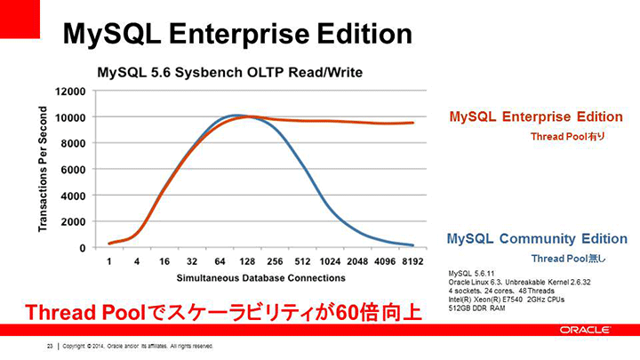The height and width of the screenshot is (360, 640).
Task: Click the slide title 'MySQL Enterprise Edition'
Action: point(237,35)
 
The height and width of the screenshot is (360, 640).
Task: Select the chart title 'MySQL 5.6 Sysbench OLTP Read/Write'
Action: point(230,73)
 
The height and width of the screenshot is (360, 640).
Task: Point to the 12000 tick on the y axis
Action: point(70,92)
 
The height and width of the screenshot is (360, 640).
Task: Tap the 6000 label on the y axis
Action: point(74,170)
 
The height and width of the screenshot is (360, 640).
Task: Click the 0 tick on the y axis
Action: point(83,248)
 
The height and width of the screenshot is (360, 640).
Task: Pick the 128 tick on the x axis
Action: point(247,261)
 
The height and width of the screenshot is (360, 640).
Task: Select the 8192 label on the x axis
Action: point(412,261)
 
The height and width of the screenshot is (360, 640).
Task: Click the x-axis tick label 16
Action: point(164,261)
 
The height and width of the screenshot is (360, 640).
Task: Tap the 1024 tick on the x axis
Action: point(330,261)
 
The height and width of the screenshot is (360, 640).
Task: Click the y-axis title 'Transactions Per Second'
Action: point(43,169)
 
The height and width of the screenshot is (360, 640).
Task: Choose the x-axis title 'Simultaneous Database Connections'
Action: point(260,278)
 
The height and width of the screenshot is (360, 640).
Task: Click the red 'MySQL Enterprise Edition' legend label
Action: point(536,116)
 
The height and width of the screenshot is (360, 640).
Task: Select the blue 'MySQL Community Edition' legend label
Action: point(537,239)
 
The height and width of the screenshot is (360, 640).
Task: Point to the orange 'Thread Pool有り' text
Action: point(567,137)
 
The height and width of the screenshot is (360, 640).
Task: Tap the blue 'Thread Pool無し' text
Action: point(568,259)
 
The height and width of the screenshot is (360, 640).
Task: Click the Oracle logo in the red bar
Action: point(585,330)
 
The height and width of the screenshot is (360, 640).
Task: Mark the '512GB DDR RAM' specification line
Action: point(476,308)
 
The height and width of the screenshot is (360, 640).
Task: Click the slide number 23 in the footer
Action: point(50,346)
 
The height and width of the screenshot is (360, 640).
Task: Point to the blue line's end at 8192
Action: point(412,245)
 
